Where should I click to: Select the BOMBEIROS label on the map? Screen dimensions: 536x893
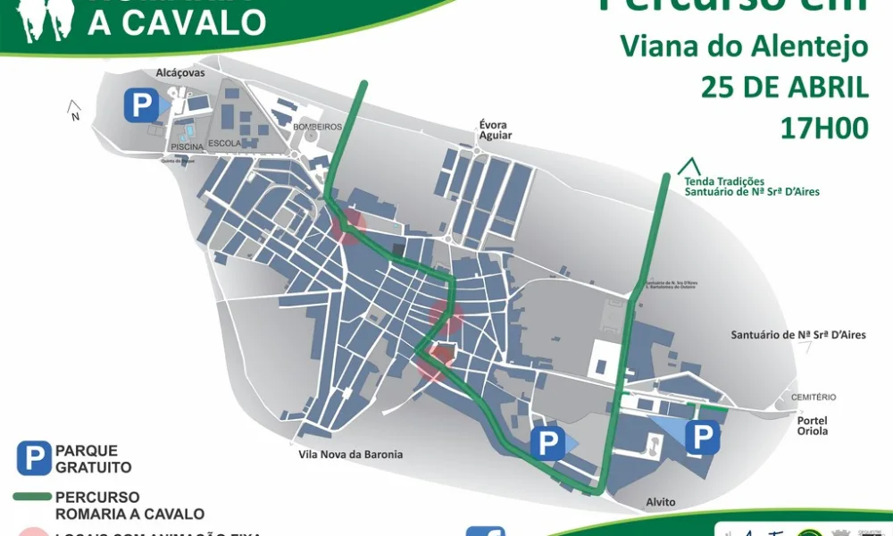317,127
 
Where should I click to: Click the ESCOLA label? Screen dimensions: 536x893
223,143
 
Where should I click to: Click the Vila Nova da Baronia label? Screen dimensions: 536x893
350,455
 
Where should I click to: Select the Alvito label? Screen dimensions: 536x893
661,502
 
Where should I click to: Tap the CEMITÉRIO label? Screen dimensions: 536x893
813,397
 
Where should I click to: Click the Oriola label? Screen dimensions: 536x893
813,431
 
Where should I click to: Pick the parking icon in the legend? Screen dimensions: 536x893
34,459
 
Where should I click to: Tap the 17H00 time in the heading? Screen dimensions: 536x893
823,128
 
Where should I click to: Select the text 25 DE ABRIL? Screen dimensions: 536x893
784,87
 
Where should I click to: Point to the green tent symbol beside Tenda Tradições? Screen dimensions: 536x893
688,166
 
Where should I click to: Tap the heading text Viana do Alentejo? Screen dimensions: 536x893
744,46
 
